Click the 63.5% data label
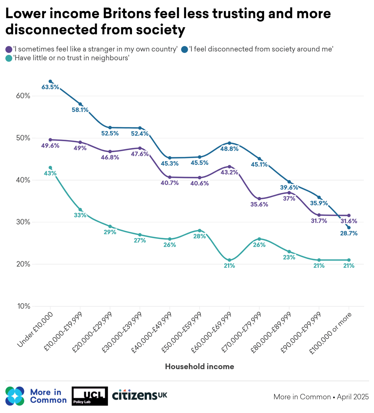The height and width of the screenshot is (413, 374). click(50, 87)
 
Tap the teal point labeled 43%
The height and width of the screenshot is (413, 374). click(50, 168)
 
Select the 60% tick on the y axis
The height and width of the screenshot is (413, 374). click(23, 96)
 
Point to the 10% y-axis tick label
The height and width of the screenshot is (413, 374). click(23, 306)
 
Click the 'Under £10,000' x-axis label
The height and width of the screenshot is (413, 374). click(35, 330)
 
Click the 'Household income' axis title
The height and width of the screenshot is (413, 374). click(199, 367)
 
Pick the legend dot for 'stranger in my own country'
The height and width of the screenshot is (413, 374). click(9, 49)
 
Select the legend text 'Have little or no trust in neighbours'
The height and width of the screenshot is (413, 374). click(71, 58)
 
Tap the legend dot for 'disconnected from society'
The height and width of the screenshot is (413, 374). click(185, 49)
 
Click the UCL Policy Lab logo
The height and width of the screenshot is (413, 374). click(89, 396)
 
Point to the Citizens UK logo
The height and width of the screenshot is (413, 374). click(140, 395)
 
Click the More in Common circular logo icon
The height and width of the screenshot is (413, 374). click(15, 396)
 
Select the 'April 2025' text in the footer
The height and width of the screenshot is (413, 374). click(353, 397)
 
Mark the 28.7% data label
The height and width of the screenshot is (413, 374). click(349, 233)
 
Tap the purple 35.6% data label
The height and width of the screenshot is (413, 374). click(259, 204)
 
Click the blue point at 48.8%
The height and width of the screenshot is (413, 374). click(229, 143)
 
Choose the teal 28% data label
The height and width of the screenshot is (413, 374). click(199, 236)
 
